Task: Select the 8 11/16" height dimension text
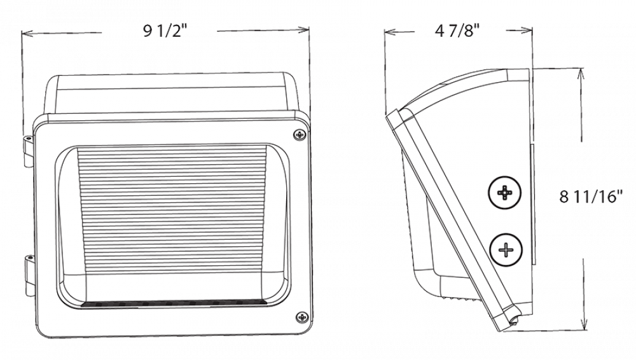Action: click(590, 197)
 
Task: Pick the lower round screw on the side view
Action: click(506, 249)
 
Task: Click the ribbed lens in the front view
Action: click(172, 210)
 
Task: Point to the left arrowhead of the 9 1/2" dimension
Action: click(25, 35)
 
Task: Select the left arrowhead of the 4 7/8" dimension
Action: click(389, 33)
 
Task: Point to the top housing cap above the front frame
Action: click(172, 94)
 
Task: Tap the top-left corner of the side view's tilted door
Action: click(391, 114)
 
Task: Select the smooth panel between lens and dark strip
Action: click(172, 285)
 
